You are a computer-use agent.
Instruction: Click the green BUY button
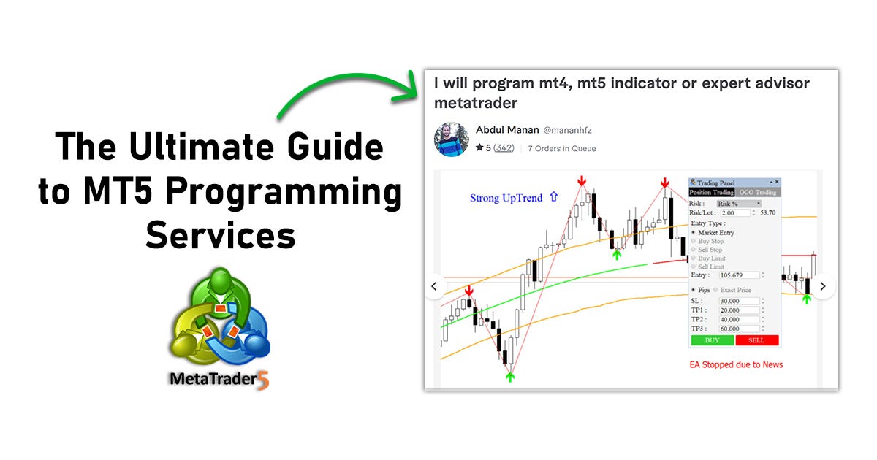tap(712, 340)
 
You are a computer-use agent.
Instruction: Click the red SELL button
tap(757, 340)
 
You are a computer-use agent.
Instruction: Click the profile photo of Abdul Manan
tap(452, 139)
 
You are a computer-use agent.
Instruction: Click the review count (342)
tap(504, 148)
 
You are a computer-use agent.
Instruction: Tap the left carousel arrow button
tap(435, 286)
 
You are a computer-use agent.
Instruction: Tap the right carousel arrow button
tap(823, 286)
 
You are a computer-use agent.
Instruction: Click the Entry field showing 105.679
tap(740, 275)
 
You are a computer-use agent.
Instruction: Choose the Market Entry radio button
tap(694, 232)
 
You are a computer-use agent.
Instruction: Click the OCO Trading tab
tap(756, 192)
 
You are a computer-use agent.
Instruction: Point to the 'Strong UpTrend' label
tap(506, 198)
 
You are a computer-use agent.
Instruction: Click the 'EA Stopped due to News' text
tap(736, 364)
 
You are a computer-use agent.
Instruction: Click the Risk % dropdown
tap(738, 203)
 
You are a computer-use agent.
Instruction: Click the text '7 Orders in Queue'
tap(561, 148)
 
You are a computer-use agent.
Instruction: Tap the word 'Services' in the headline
tap(220, 235)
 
